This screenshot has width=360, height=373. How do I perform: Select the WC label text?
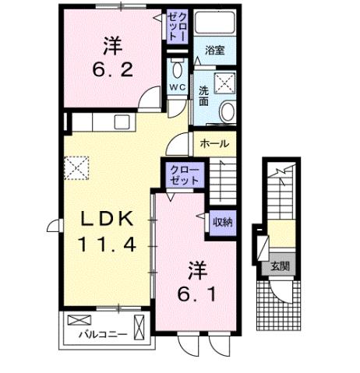pyautogui.click(x=176, y=87)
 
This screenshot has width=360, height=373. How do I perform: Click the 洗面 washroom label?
pyautogui.click(x=202, y=95)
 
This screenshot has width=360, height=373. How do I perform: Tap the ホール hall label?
pyautogui.click(x=214, y=144)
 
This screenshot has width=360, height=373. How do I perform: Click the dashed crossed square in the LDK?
pyautogui.click(x=79, y=167)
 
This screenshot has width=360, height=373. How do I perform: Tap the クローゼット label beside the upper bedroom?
pyautogui.click(x=178, y=26)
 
